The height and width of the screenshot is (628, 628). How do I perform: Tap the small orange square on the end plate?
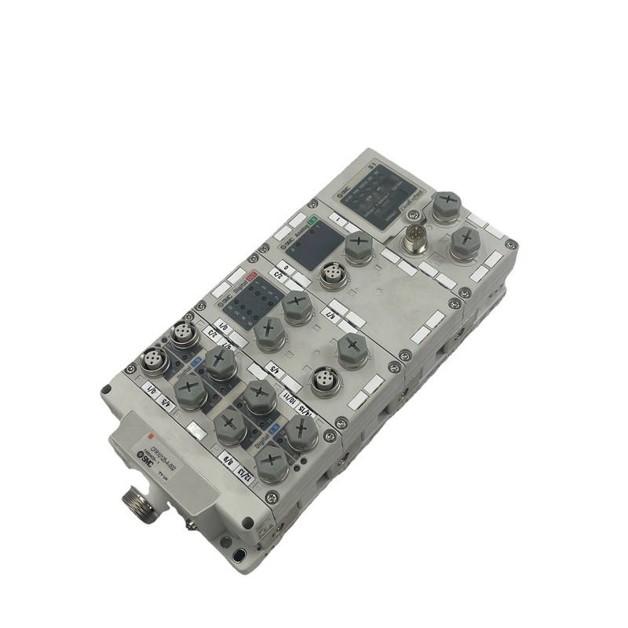145,431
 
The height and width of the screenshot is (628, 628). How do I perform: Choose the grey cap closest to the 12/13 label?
270,463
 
